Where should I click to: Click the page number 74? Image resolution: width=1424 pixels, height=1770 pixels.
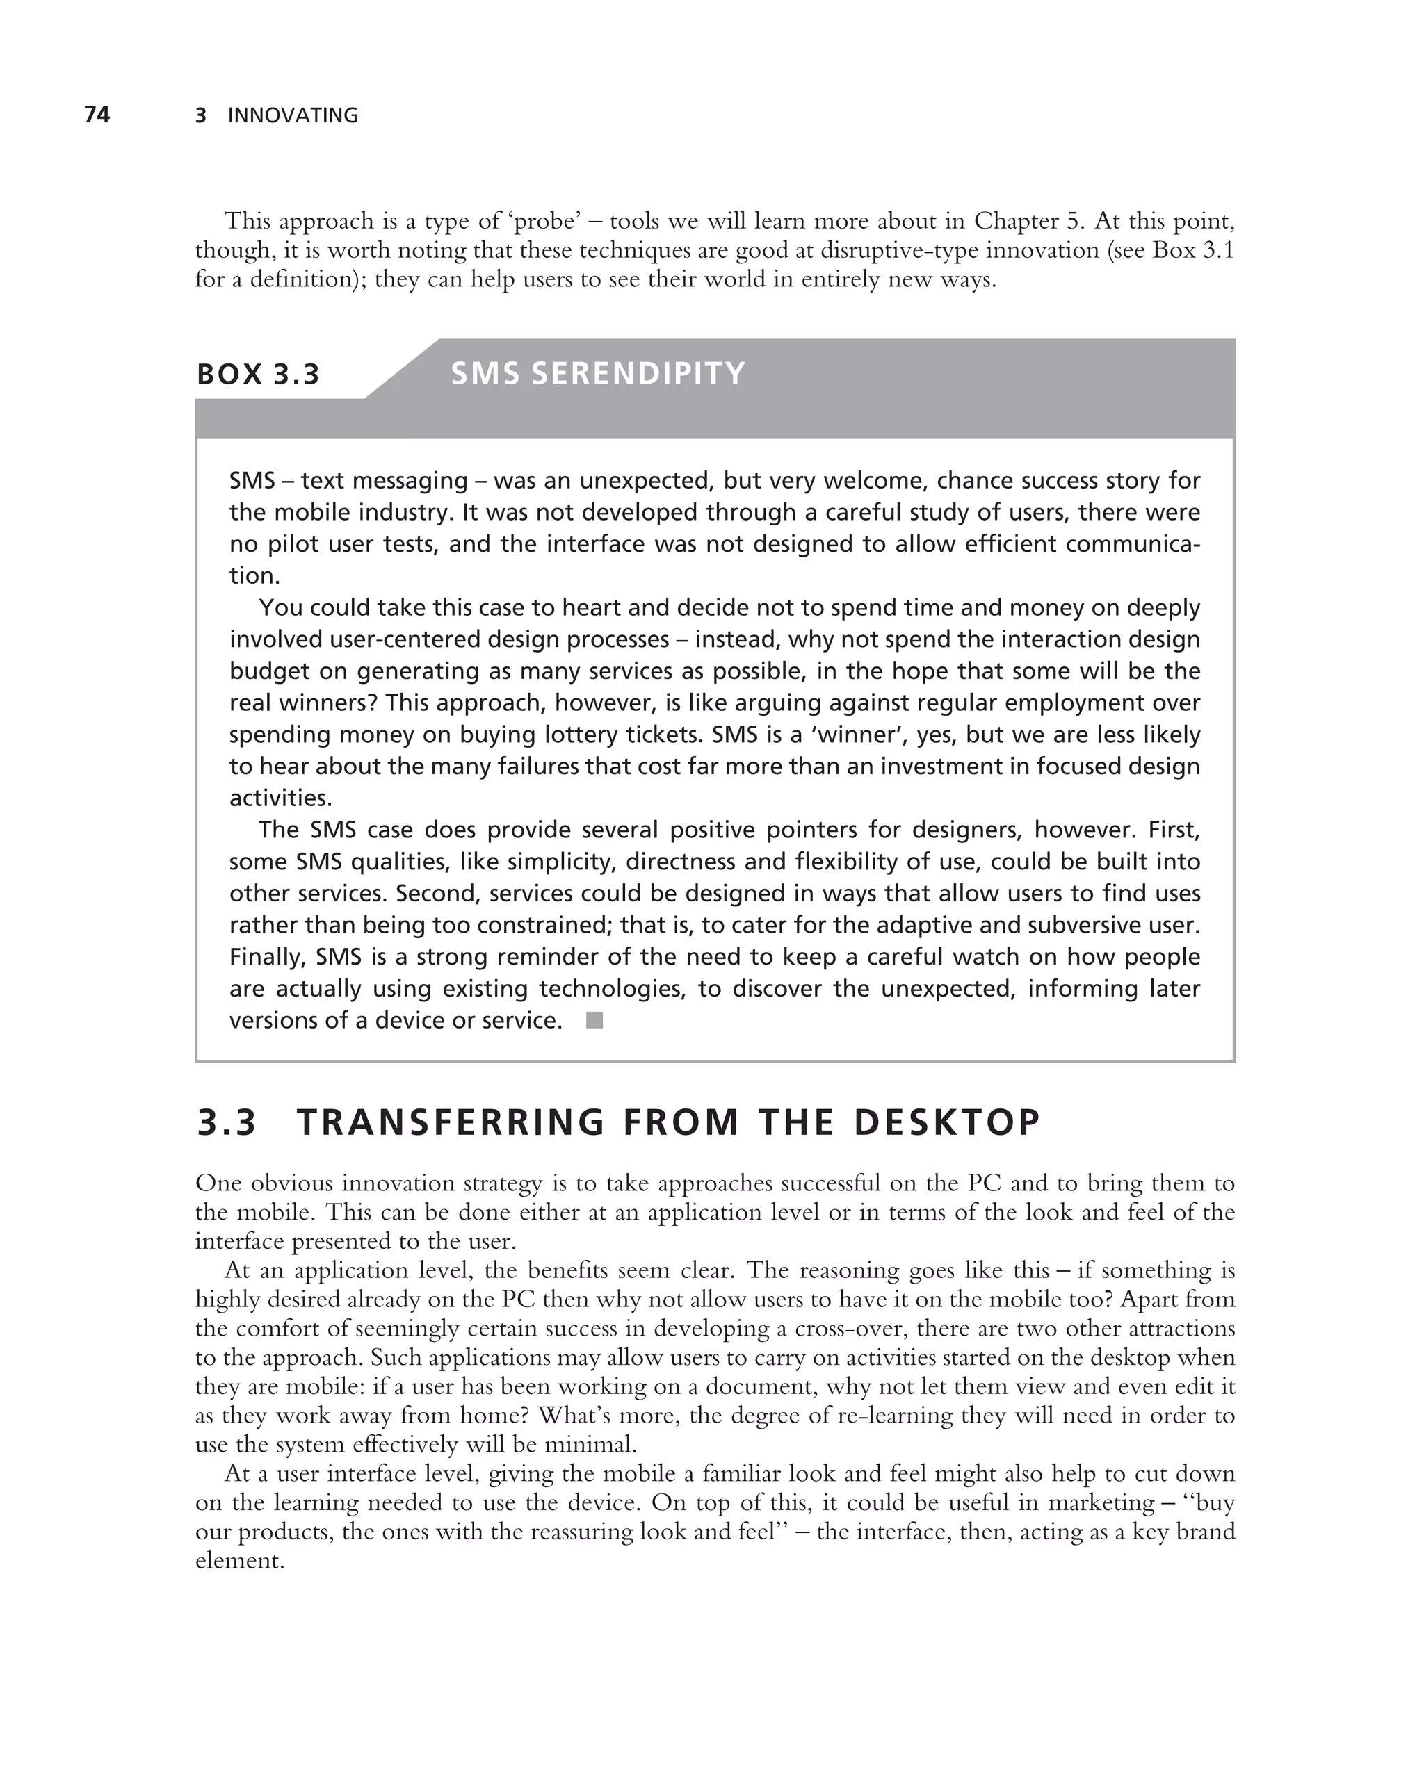[x=97, y=115]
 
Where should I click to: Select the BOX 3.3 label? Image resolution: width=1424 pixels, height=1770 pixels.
[x=258, y=375]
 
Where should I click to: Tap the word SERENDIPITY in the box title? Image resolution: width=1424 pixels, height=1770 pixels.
[x=638, y=374]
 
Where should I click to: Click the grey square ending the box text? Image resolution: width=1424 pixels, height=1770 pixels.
[x=594, y=1020]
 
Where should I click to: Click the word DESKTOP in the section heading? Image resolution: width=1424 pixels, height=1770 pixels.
[x=947, y=1122]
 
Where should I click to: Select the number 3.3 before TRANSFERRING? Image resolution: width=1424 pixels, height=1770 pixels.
[x=227, y=1122]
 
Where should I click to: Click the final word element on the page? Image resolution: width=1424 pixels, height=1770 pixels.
[x=239, y=1561]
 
